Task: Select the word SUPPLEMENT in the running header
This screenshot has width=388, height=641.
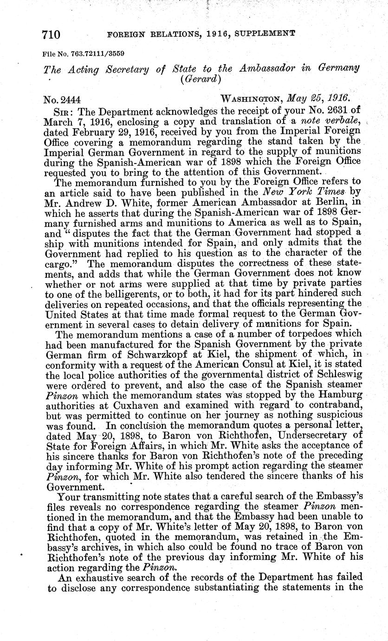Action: click(262, 33)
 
